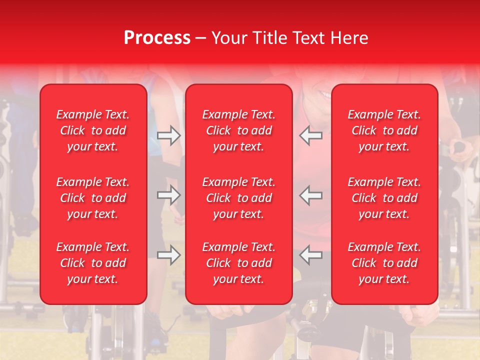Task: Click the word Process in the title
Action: pos(157,38)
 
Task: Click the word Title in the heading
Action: pos(269,38)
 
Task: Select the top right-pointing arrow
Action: pos(168,135)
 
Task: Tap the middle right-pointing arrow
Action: pos(168,195)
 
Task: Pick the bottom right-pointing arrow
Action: pos(168,255)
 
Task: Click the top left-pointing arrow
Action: pos(311,135)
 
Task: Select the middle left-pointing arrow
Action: pos(311,195)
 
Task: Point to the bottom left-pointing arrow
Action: pos(311,255)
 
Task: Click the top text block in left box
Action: pos(93,130)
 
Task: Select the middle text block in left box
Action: pos(93,198)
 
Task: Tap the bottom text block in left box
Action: pos(93,263)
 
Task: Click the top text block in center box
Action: pos(238,130)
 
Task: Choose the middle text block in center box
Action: pos(238,198)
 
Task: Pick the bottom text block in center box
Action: pos(238,263)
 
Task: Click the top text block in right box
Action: pos(384,130)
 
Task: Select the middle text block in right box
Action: pos(384,198)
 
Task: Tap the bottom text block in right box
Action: pos(384,263)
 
